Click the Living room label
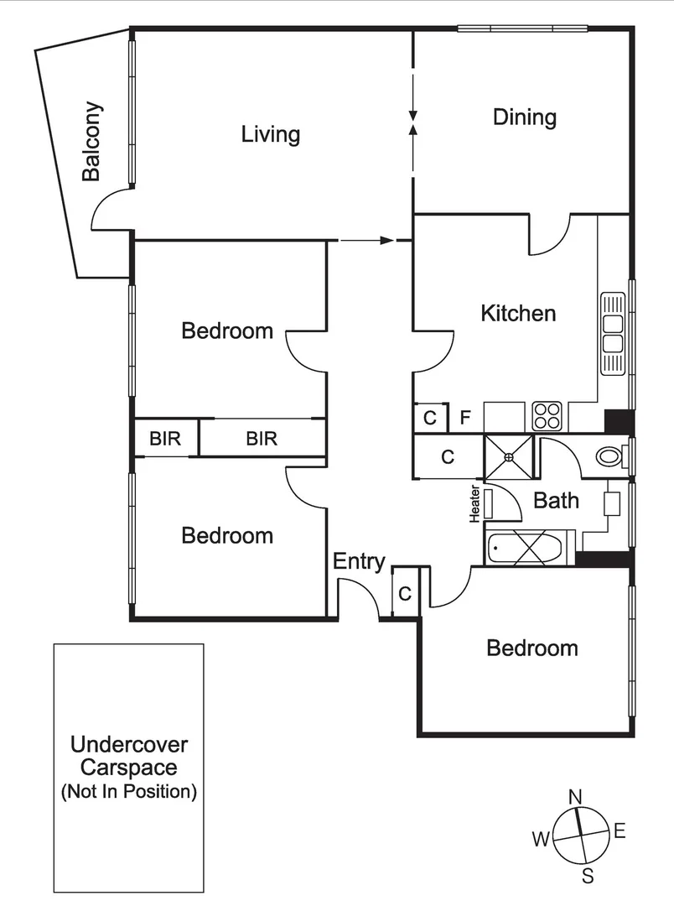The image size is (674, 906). (x=270, y=134)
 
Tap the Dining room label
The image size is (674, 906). (x=524, y=117)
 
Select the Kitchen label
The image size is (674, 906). (x=517, y=313)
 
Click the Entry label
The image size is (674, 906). (x=359, y=561)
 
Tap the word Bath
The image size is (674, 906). (x=556, y=501)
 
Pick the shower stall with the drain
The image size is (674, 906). (x=509, y=457)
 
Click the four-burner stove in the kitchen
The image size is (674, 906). (x=547, y=415)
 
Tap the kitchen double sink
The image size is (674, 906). (x=613, y=334)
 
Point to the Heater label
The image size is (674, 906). (x=474, y=503)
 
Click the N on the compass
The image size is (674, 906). (x=575, y=796)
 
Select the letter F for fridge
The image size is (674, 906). (x=466, y=417)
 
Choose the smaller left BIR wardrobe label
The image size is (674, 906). (x=165, y=438)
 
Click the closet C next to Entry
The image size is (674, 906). (x=404, y=594)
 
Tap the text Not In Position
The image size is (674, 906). (x=128, y=791)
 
